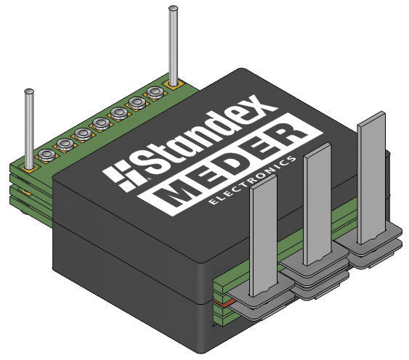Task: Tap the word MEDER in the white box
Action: point(232,165)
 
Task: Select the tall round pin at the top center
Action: point(173,44)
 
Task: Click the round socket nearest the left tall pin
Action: point(46,155)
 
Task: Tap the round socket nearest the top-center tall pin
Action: point(154,92)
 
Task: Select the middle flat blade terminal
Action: point(315,207)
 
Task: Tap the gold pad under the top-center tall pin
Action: point(174,85)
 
